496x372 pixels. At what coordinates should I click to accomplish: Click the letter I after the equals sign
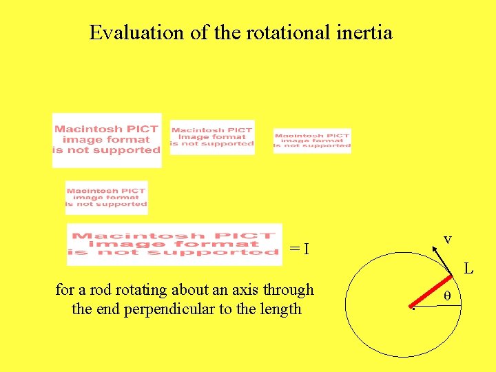[x=305, y=248]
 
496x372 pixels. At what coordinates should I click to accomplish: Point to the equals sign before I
[x=294, y=248]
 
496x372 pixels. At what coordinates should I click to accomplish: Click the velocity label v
[x=447, y=239]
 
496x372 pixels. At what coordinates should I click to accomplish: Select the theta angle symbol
[x=446, y=296]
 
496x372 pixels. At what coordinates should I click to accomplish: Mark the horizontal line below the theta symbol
[x=438, y=307]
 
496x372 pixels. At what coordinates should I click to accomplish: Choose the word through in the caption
[x=290, y=290]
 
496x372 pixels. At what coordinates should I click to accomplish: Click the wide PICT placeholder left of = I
[x=174, y=245]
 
